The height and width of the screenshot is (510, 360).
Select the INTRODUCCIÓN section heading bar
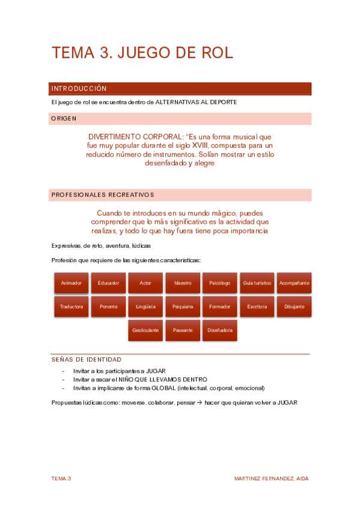[180, 88]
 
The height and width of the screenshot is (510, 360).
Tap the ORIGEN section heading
[180, 118]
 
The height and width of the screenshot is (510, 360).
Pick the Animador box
[72, 283]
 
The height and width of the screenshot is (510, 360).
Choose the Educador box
[108, 283]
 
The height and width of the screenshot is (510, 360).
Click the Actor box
[145, 283]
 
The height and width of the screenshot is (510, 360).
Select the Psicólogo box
[219, 283]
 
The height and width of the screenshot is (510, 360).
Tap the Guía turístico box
[257, 283]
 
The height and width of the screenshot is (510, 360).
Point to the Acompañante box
[294, 283]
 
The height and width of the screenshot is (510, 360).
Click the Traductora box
[72, 306]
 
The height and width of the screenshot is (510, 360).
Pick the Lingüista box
[145, 306]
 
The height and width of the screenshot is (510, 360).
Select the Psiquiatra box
[183, 306]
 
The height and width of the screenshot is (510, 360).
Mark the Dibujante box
[294, 306]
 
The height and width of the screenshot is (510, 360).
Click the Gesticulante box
[145, 330]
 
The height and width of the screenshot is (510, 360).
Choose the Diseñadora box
[219, 330]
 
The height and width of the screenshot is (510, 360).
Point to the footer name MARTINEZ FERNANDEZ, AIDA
[272, 479]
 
